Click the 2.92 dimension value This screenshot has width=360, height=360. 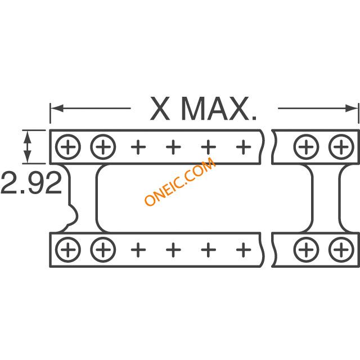click(x=31, y=183)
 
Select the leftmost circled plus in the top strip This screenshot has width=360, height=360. click(x=68, y=147)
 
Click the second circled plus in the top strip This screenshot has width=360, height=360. click(x=102, y=147)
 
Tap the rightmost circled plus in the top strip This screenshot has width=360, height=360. click(x=340, y=147)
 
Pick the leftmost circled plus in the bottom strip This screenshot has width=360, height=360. click(x=68, y=247)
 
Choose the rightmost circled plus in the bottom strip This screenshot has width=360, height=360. click(x=340, y=247)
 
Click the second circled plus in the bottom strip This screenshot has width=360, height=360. click(x=102, y=247)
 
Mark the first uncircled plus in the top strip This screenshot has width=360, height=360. click(x=138, y=147)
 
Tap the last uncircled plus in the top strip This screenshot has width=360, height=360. click(x=243, y=147)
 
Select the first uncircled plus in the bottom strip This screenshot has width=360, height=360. click(x=138, y=247)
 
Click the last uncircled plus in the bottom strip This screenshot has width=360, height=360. click(x=243, y=247)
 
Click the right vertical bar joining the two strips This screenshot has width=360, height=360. click(x=326, y=197)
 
